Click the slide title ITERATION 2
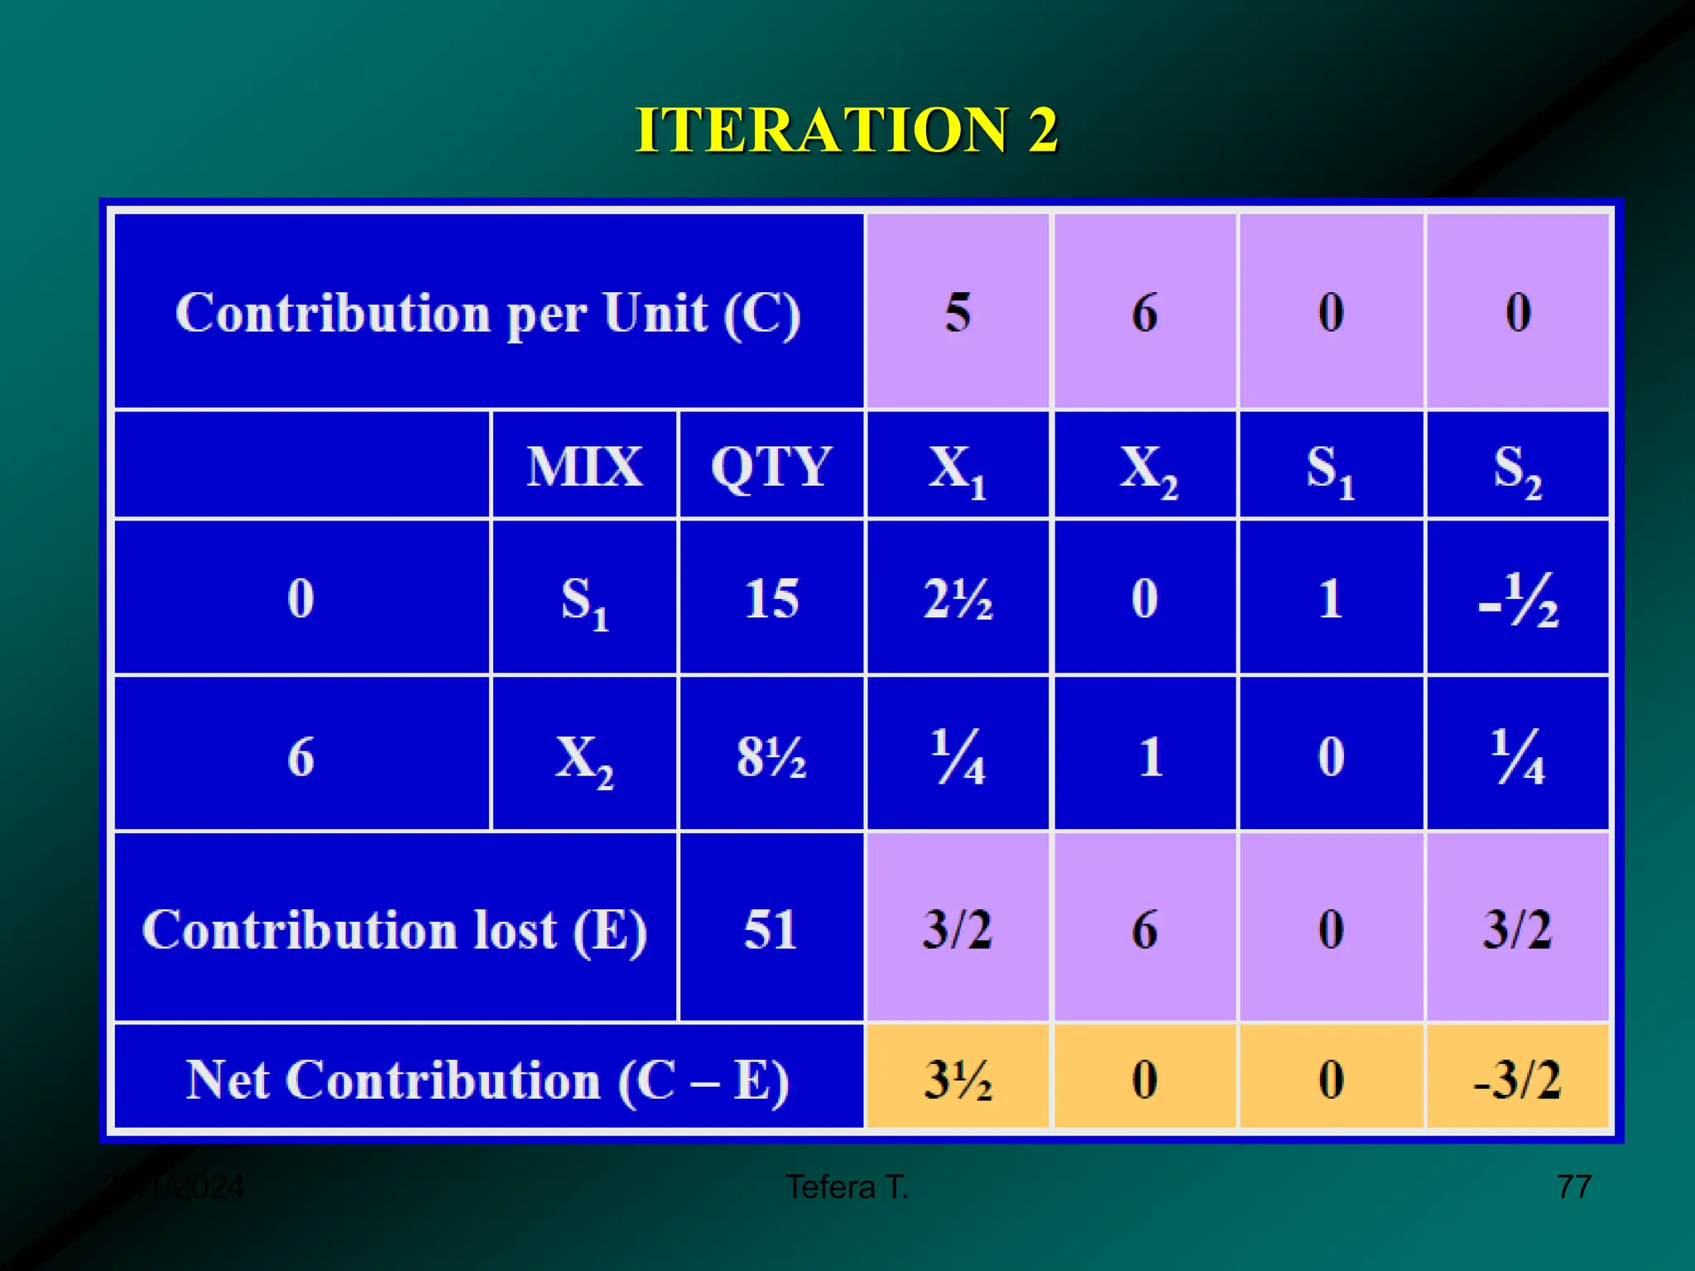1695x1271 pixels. [x=846, y=130]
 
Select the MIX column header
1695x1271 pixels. [x=584, y=466]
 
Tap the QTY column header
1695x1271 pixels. [x=771, y=466]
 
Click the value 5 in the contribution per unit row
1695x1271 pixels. [x=958, y=313]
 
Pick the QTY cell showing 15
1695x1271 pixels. [x=771, y=598]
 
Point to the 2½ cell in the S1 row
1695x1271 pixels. [x=958, y=598]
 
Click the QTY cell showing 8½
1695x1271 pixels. [x=771, y=755]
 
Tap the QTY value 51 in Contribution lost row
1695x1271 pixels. [x=771, y=928]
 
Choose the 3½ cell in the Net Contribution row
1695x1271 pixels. [x=958, y=1078]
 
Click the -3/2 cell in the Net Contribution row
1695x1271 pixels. [x=1518, y=1078]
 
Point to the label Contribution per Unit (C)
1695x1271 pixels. [x=487, y=313]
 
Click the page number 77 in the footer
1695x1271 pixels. [x=1573, y=1187]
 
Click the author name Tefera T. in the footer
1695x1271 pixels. [x=847, y=1187]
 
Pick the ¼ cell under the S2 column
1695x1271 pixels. [x=1518, y=755]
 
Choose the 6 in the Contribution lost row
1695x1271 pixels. [x=1145, y=928]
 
